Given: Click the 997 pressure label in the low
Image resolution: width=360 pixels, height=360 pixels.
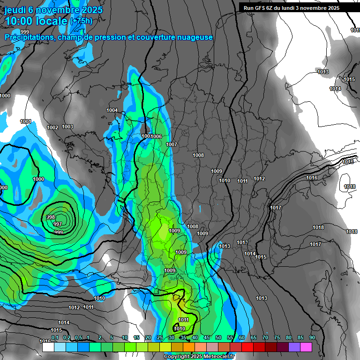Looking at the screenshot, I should [58, 224].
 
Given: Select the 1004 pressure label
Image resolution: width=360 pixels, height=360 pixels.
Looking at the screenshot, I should [112, 110].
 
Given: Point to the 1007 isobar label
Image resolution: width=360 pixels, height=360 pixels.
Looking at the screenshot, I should [172, 144].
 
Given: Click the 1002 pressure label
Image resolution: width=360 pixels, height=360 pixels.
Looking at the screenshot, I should [52, 127].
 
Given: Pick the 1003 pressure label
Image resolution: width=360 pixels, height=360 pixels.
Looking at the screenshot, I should [67, 127].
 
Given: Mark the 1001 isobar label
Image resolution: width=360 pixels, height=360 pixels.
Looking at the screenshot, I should [26, 122].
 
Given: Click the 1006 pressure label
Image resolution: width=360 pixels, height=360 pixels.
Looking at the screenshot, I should [157, 136].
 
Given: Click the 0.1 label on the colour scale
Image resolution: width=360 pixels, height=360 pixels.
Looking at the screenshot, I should [55, 337].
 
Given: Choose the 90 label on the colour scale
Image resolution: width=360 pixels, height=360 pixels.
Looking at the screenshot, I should [312, 337].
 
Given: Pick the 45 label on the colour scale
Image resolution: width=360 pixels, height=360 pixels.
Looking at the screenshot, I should [207, 337].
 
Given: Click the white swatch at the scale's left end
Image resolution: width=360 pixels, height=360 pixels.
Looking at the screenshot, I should [48, 347].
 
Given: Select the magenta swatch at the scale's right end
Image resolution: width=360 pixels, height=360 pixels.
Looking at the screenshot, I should [306, 347].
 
